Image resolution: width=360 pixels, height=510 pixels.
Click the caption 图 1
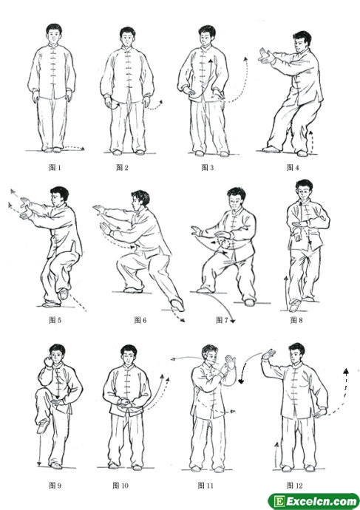tap(55, 168)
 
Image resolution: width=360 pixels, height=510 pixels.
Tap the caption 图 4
tap(293, 168)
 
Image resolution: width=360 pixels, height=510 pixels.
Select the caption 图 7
tap(222, 320)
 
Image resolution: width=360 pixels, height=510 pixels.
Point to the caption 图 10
tap(120, 486)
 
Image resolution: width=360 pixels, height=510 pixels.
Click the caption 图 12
tap(295, 486)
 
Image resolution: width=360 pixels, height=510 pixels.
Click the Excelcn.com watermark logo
tap(313, 501)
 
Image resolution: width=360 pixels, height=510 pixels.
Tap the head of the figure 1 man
tap(54, 33)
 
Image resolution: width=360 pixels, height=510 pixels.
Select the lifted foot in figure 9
tap(43, 426)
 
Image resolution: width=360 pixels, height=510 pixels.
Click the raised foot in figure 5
tap(64, 293)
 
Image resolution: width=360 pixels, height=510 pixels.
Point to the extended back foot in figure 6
tap(177, 305)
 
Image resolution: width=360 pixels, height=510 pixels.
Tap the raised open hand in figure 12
tap(269, 354)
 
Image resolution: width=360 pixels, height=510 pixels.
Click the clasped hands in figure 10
tap(124, 404)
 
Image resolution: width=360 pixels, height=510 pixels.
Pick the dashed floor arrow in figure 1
tap(73, 148)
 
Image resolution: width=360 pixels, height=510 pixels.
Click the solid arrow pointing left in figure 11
tap(186, 358)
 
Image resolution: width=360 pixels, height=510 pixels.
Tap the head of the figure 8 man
tap(304, 190)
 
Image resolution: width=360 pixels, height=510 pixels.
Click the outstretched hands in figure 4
tap(266, 55)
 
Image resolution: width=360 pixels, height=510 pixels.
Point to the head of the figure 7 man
tap(237, 198)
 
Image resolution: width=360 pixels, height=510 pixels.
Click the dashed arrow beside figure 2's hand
tap(154, 106)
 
